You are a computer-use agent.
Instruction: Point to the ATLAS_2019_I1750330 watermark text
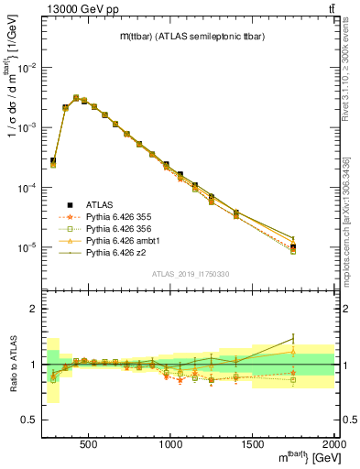190,274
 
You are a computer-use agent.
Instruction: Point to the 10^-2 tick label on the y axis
28,68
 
